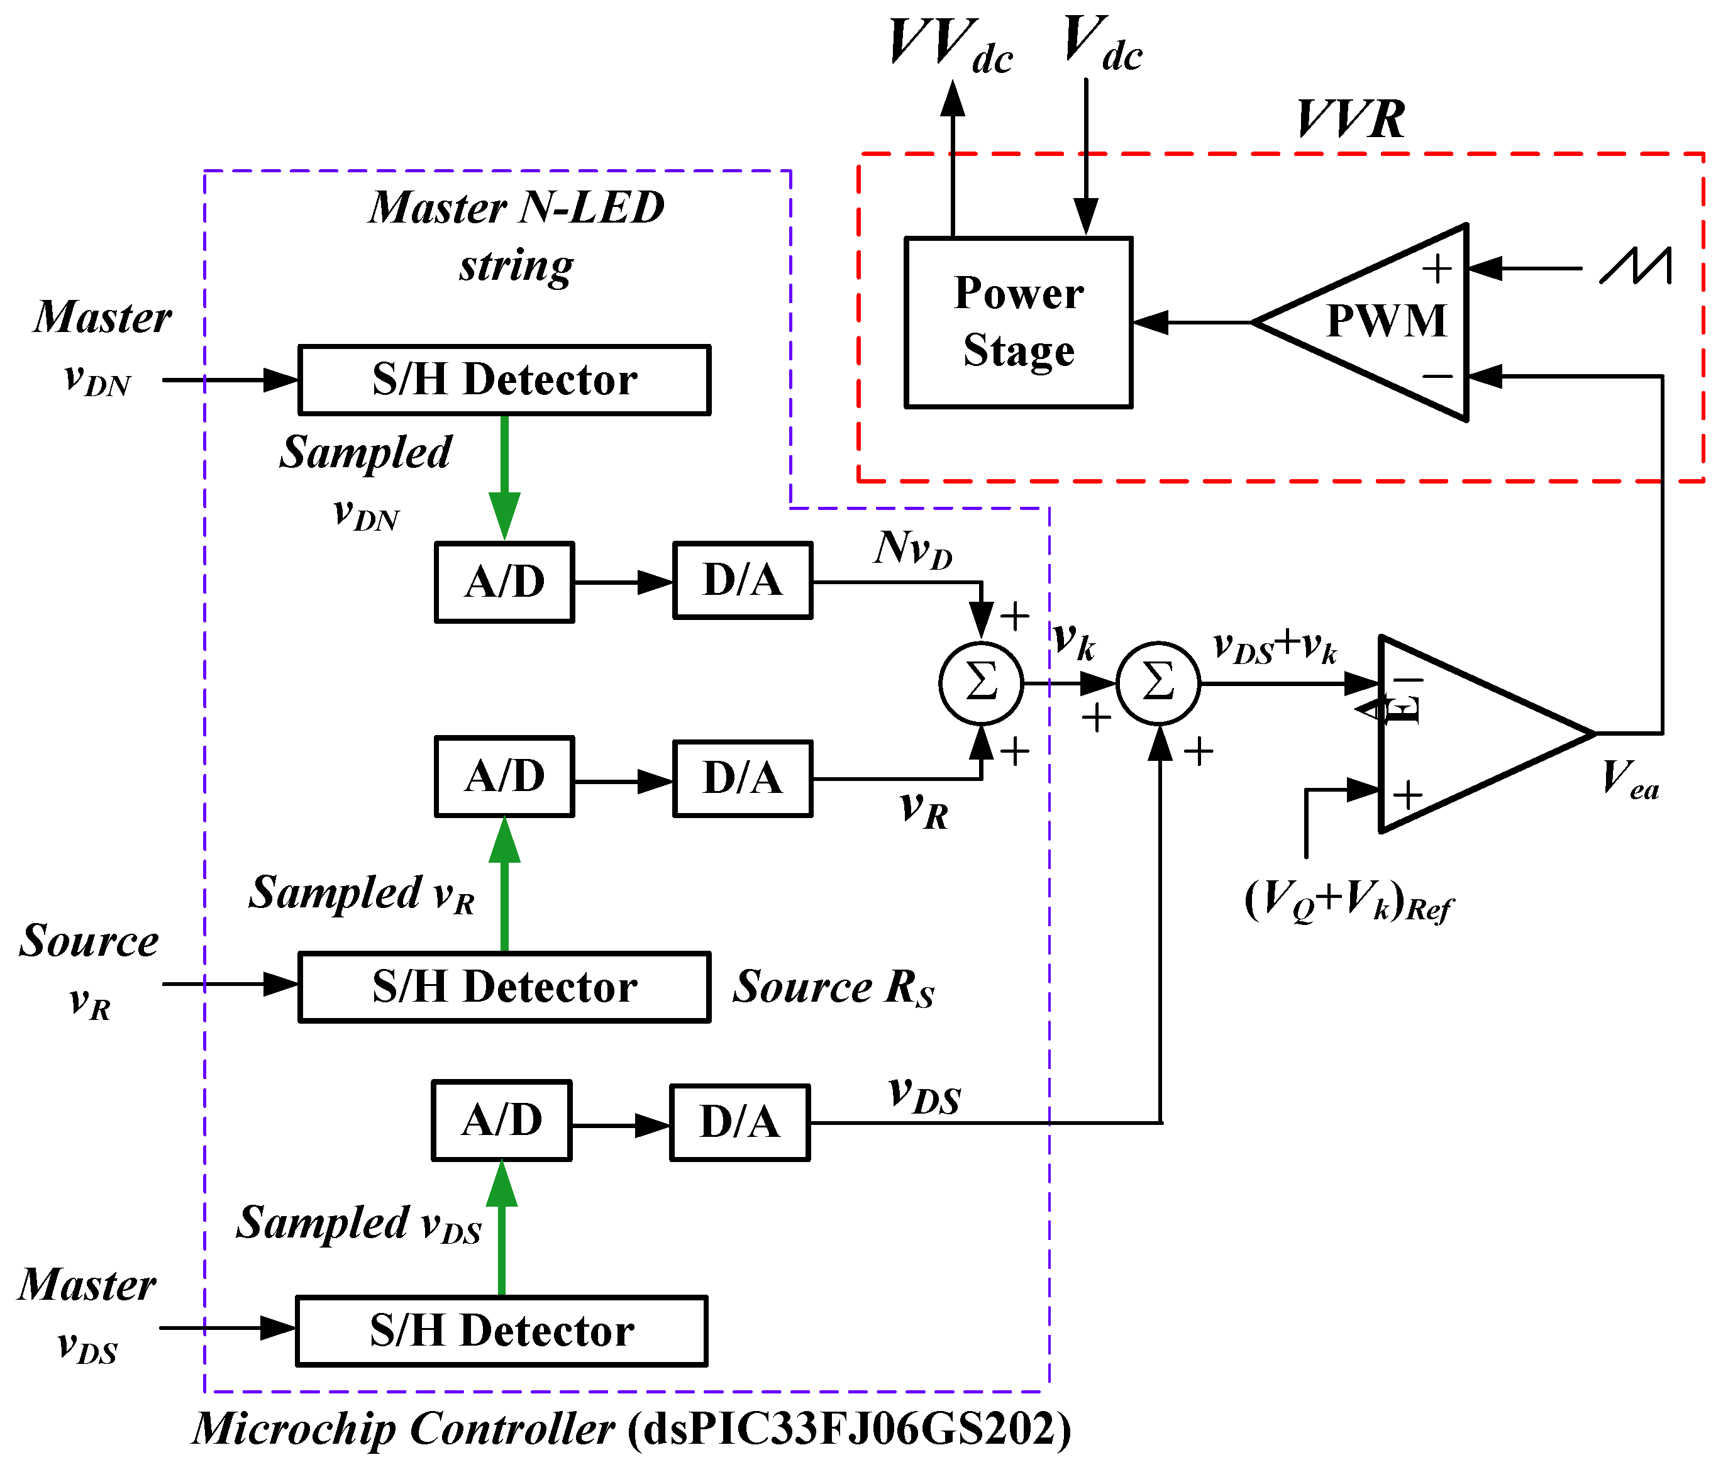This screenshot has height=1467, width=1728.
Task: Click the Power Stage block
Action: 1018,323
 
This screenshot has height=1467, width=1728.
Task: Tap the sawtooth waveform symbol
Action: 1635,268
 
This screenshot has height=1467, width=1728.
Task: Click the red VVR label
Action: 1351,119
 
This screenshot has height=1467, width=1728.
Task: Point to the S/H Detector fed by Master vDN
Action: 504,380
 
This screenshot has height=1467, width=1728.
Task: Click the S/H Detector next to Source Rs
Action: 504,987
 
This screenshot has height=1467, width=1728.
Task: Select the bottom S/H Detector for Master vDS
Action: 501,1331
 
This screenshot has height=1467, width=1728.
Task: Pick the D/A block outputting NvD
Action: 743,580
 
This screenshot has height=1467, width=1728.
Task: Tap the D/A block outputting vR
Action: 743,778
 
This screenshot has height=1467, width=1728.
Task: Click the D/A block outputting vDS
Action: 740,1122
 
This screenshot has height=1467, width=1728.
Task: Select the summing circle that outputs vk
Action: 981,683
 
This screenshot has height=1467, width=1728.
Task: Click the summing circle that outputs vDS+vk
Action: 1158,683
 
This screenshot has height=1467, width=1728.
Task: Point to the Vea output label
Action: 1630,780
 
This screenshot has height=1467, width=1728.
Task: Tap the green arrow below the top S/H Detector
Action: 504,477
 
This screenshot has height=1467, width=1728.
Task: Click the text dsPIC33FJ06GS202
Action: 849,1429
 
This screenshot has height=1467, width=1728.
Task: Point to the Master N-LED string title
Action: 516,235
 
